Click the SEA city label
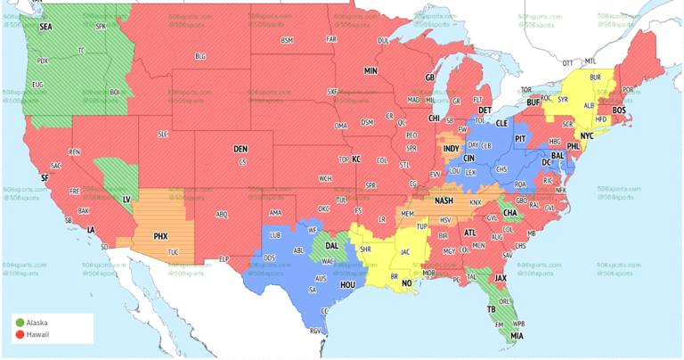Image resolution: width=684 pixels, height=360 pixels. click(45, 27)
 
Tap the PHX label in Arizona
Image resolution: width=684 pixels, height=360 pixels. click(160, 236)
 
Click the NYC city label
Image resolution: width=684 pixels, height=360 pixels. click(587, 135)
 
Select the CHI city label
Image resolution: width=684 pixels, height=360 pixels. click(435, 118)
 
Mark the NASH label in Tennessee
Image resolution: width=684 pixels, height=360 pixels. click(444, 200)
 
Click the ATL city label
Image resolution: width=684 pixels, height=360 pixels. click(470, 233)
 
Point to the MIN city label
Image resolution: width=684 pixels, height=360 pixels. click(370, 70)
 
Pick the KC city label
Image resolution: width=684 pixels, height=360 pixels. click(356, 159)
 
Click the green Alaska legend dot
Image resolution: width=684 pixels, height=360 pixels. click(20, 320)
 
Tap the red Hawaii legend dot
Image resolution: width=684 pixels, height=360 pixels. click(20, 334)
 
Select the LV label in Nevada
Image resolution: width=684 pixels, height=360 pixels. click(125, 200)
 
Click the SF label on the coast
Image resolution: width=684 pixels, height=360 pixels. click(45, 177)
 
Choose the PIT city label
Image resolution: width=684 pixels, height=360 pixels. click(521, 140)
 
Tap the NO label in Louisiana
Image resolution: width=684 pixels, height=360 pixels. click(407, 283)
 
